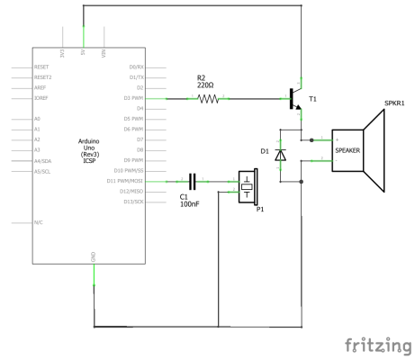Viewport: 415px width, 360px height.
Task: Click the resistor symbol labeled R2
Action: click(x=208, y=98)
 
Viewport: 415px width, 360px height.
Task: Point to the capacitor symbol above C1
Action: click(x=192, y=182)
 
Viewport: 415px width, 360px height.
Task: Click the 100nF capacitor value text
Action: click(x=189, y=205)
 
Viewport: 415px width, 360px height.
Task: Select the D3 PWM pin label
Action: click(x=132, y=98)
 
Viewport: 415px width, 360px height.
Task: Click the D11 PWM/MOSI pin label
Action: click(x=126, y=181)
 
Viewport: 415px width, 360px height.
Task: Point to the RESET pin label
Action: click(x=41, y=67)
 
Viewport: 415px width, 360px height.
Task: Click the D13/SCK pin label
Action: click(x=131, y=202)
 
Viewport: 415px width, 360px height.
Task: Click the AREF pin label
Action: click(x=41, y=88)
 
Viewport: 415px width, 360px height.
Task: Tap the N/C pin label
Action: click(x=39, y=222)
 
